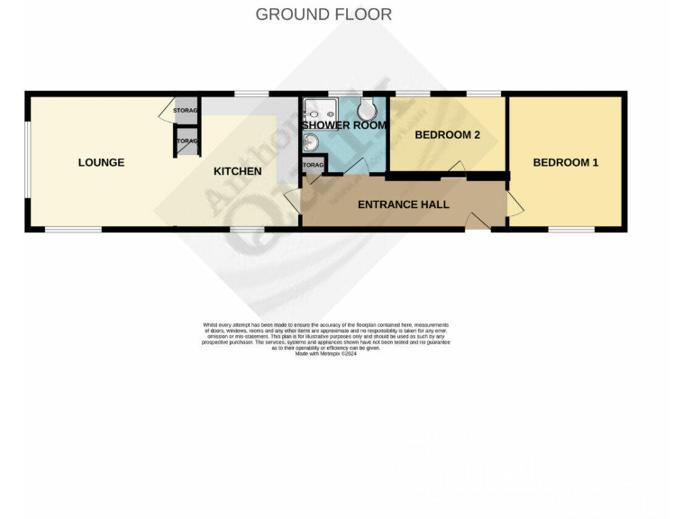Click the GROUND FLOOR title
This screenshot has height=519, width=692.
(323, 14)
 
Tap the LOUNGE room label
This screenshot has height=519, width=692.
(101, 162)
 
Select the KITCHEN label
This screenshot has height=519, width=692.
(237, 171)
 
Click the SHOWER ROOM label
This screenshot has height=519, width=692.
(344, 125)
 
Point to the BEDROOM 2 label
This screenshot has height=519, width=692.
(447, 135)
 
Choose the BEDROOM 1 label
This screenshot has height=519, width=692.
(565, 162)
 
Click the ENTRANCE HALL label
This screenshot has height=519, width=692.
(403, 205)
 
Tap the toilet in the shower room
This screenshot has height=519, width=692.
(368, 109)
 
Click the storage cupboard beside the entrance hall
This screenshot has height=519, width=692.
(312, 167)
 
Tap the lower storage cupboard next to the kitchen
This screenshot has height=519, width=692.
(187, 141)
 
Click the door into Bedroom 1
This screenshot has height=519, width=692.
(514, 205)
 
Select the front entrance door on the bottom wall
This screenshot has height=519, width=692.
(478, 222)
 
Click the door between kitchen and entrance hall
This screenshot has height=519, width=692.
(292, 201)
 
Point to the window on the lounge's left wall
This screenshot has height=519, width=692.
(27, 162)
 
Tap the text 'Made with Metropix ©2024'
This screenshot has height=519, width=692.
(326, 353)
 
